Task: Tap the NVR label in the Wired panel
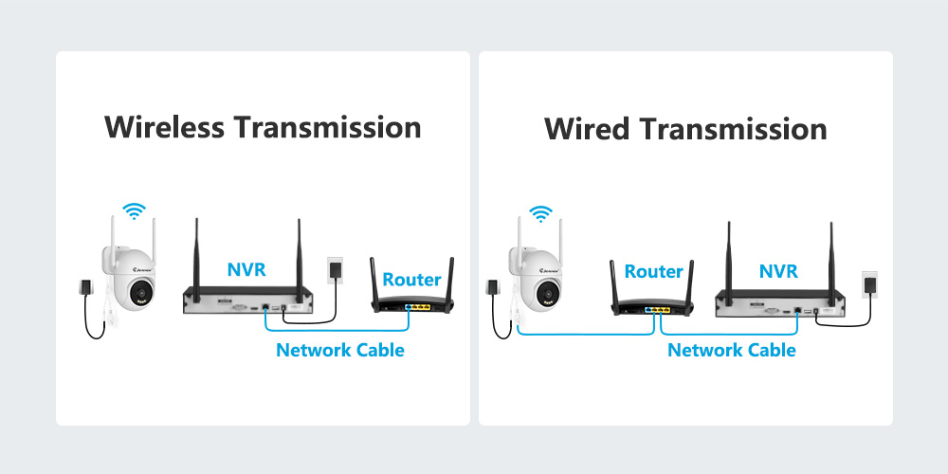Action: pos(778,271)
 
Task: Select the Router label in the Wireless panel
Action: pos(411,280)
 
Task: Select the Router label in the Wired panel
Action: pos(653,272)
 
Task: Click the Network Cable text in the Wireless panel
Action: pos(339,350)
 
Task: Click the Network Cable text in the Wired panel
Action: pos(731,350)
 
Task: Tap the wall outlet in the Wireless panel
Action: pos(334,268)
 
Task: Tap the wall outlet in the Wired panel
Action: pos(869,283)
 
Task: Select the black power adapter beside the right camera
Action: pos(492,286)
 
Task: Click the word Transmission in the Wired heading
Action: pos(738,129)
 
